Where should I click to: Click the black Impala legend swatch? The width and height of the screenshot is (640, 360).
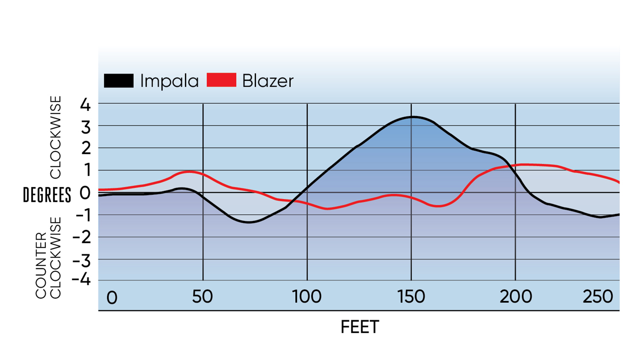coord(118,81)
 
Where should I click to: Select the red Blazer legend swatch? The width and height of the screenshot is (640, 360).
coord(221,80)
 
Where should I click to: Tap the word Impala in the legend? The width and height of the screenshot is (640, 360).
coord(169,81)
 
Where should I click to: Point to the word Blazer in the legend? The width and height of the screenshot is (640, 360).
coord(268,81)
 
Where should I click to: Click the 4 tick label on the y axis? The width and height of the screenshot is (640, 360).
coord(85,105)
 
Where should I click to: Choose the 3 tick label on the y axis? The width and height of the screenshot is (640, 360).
coord(86,127)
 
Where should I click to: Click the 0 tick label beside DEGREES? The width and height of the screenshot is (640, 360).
coord(85,193)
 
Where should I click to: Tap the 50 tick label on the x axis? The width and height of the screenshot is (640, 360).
coord(202,296)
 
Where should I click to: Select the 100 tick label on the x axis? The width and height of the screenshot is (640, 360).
coord(307,296)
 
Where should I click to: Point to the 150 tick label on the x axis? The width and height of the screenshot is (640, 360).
coord(411,296)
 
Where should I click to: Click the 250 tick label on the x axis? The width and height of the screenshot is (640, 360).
coord(597,296)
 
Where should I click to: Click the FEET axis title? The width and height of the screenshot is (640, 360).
coord(360,327)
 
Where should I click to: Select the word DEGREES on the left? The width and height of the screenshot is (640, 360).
coord(47,195)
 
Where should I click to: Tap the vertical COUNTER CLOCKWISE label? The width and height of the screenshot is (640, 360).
coord(48,258)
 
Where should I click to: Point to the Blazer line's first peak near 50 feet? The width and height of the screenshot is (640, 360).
coord(188,172)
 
